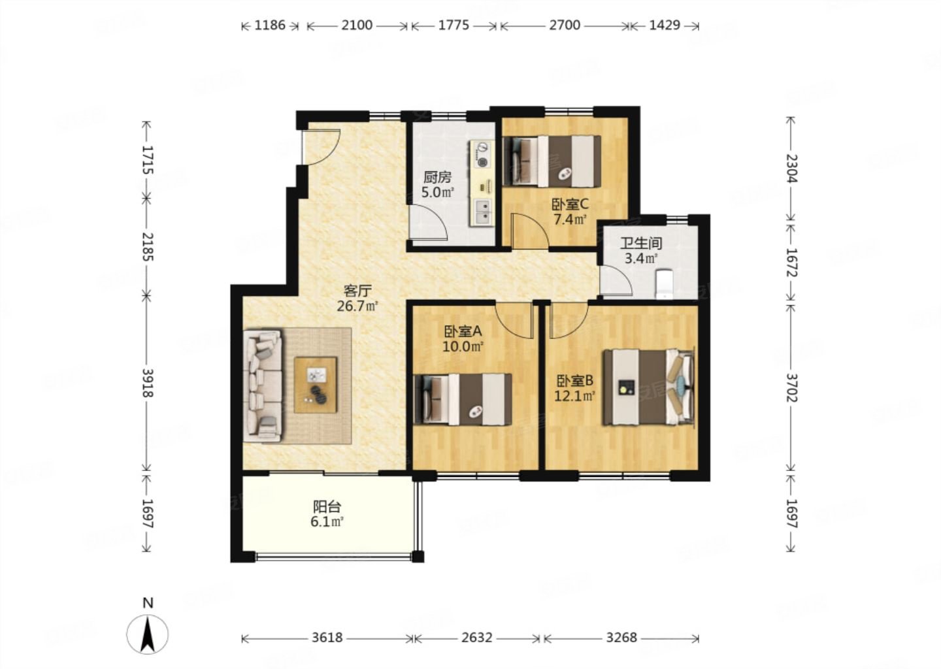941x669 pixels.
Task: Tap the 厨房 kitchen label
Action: coord(437,178)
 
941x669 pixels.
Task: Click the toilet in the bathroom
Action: coord(664,284)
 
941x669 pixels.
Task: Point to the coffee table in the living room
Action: coord(316,385)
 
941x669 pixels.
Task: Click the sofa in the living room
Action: coord(263,386)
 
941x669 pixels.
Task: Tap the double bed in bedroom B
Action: coord(649,387)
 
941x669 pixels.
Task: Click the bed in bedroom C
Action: coord(552,161)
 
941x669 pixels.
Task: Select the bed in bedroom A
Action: coord(463,399)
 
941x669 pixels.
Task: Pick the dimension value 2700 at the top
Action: coord(565,25)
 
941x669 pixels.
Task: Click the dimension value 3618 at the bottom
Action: coord(327,638)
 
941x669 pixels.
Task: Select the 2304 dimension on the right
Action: coord(791,169)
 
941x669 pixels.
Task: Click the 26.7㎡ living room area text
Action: coord(357,306)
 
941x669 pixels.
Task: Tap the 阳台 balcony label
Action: coord(327,506)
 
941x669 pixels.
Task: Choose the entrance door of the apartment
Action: coord(320,147)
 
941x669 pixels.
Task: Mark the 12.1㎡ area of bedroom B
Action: coord(574,396)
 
